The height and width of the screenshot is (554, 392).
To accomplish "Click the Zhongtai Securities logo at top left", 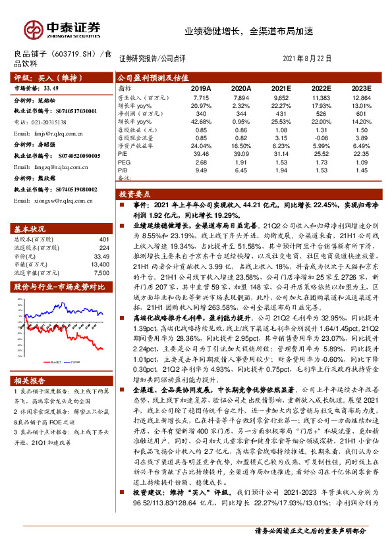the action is pyautogui.click(x=63, y=30).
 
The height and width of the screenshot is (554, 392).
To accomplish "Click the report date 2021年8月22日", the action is pyautogui.click(x=308, y=58).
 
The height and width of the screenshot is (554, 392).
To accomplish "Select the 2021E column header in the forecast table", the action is pyautogui.click(x=281, y=88).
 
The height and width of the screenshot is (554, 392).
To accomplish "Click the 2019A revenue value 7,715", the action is pyautogui.click(x=201, y=97).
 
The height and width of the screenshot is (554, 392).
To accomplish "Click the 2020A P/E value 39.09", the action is pyautogui.click(x=241, y=153).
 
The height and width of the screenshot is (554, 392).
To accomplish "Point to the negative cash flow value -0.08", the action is pyautogui.click(x=322, y=138).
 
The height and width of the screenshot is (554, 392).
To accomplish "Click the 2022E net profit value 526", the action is pyautogui.click(x=322, y=113).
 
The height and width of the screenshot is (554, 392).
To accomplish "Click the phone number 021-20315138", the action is pyautogui.click(x=51, y=122).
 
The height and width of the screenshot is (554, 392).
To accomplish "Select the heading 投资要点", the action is pyautogui.click(x=135, y=195).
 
